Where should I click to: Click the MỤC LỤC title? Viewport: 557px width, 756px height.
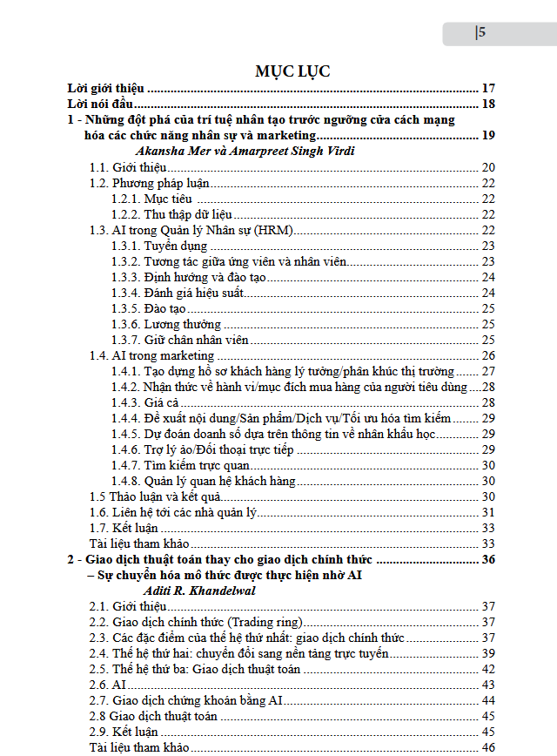[292, 71]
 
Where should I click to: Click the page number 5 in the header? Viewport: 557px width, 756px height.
[480, 33]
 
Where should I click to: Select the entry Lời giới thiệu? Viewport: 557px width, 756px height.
[106, 88]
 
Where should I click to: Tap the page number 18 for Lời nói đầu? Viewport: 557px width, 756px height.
[487, 105]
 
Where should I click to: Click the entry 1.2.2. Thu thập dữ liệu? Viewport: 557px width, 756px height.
[171, 214]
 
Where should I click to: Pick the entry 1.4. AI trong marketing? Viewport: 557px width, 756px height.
[151, 355]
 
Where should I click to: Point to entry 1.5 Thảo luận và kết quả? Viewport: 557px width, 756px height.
[156, 496]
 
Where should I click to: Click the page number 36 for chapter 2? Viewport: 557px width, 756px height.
[487, 559]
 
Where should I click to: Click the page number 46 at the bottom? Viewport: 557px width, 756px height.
[487, 747]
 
